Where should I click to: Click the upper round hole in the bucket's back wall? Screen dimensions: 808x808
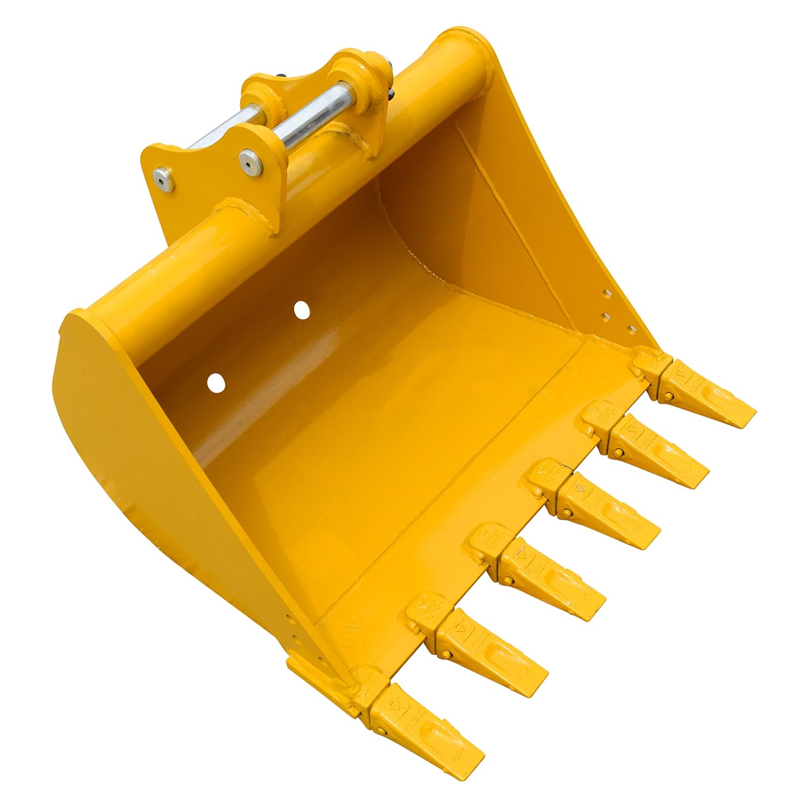pyautogui.click(x=302, y=310)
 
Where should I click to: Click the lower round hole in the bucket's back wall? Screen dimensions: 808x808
pyautogui.click(x=215, y=382)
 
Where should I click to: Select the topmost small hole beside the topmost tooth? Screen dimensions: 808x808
pyautogui.click(x=607, y=294)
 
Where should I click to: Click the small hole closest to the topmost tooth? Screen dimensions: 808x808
pyautogui.click(x=629, y=326)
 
